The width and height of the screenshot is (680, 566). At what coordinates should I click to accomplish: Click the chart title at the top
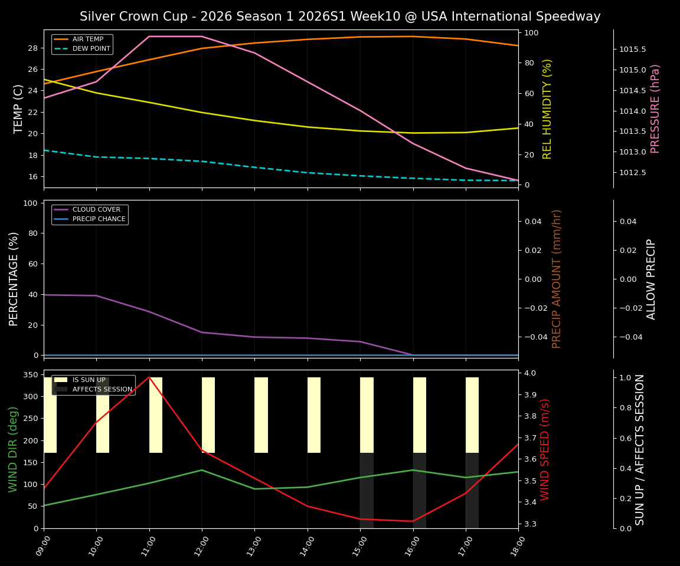pos(340,17)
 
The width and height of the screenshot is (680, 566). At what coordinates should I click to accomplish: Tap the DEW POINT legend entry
pos(91,49)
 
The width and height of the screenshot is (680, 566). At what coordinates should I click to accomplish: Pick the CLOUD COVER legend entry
pos(96,210)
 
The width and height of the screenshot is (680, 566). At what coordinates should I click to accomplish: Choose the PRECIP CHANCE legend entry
pos(99,219)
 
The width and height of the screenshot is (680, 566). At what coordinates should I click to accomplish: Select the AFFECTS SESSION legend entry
pos(102,390)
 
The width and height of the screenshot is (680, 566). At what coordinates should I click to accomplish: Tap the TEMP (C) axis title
pos(18,108)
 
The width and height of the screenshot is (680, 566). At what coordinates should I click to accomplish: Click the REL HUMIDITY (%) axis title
pos(547,108)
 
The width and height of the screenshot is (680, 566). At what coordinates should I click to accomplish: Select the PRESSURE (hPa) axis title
pos(655,108)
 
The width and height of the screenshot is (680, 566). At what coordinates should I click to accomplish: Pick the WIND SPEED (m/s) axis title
pos(545,449)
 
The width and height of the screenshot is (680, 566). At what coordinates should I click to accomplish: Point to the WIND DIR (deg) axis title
pos(13,449)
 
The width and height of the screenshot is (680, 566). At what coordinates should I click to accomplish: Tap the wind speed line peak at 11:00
pos(149,377)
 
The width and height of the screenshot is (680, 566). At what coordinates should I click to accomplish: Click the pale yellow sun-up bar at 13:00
pos(261,415)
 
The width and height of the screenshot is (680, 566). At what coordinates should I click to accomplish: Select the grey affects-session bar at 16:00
pos(419,490)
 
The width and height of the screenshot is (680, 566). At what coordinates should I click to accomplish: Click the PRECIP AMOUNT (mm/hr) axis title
pos(557,279)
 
